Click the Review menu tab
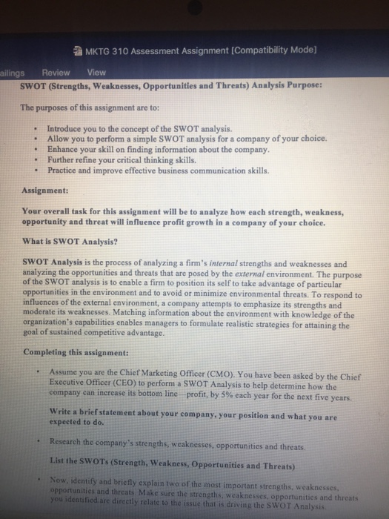point(56,73)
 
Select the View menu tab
point(96,73)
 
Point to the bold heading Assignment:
point(46,189)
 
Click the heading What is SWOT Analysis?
point(67,240)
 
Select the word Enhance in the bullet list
point(64,148)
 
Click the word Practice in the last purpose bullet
point(64,168)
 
